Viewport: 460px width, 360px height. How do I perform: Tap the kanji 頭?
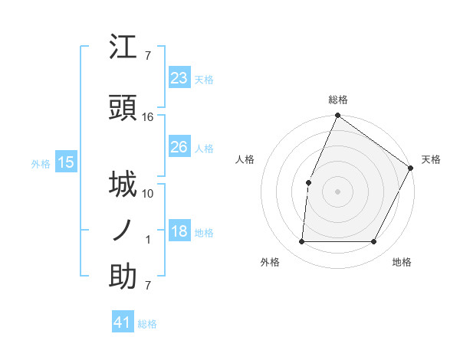tap(123, 107)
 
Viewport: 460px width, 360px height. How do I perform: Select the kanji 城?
tap(123, 185)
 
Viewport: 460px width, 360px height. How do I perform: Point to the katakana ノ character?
tap(123, 231)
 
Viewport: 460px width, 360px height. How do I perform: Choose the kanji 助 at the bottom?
tap(123, 277)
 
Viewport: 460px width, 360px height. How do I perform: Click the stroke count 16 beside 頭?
tap(148, 116)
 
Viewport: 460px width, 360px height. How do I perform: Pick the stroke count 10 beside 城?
tap(148, 193)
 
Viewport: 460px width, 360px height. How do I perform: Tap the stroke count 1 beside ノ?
tap(148, 240)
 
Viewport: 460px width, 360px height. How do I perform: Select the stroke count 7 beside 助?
tap(148, 286)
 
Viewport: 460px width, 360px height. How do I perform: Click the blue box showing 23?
tap(179, 78)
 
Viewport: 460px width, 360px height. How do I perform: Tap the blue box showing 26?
tap(179, 147)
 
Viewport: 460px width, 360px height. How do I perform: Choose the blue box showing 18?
tap(179, 231)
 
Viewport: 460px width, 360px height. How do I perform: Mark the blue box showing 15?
tap(65, 162)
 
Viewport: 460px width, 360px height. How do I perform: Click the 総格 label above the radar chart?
tap(337, 100)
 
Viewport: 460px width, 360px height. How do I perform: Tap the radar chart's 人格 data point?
tap(308, 182)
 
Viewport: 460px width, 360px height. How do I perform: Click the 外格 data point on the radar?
tap(301, 242)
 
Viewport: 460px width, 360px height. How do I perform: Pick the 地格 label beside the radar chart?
tap(402, 262)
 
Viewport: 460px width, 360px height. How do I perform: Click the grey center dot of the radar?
tap(337, 191)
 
